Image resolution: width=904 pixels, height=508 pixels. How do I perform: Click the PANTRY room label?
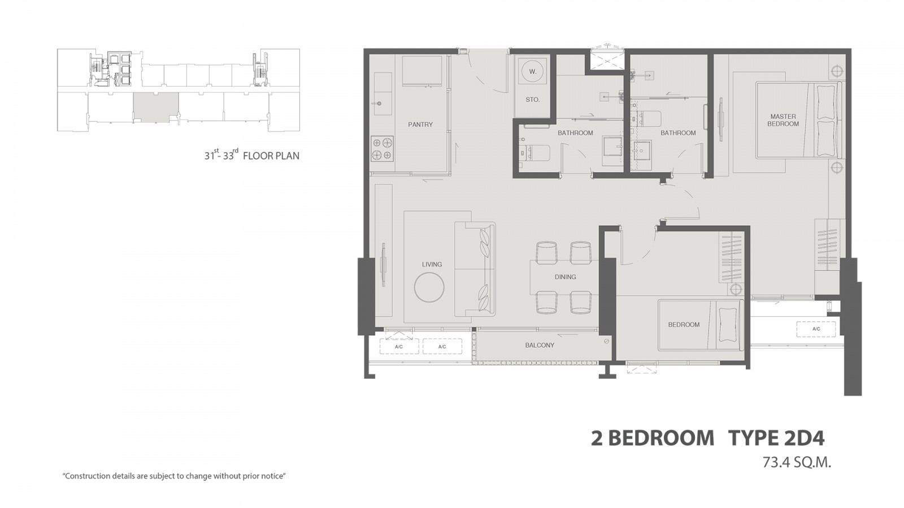click(420, 125)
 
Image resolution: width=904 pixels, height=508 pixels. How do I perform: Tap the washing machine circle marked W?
click(533, 72)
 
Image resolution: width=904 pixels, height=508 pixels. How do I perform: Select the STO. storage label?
click(533, 99)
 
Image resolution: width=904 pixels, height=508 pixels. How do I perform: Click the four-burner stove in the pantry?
click(382, 149)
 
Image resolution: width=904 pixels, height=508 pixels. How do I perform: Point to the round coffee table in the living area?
click(429, 287)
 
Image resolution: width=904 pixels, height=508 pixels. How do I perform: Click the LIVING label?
click(432, 265)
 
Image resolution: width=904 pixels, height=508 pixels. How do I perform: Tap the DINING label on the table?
click(565, 277)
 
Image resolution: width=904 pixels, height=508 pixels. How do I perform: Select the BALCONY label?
click(540, 345)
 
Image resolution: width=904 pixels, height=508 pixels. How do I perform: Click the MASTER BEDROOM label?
click(783, 120)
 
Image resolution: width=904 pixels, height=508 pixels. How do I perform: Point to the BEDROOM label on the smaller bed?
click(684, 325)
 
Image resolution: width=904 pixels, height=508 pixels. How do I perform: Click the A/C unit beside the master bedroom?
click(816, 330)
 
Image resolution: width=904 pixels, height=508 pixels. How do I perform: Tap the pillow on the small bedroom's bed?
click(728, 324)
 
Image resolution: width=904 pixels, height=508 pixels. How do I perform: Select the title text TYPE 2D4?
click(776, 439)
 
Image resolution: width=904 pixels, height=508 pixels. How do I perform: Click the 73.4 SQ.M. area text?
click(797, 462)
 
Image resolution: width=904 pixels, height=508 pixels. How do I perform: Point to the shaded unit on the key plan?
click(156, 107)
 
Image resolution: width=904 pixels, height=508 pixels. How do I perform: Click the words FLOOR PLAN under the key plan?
click(271, 156)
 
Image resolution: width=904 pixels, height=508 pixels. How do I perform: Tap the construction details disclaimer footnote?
click(175, 476)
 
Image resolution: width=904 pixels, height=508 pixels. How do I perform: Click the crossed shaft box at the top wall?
click(607, 60)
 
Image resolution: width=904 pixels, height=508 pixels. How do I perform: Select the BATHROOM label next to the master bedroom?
click(678, 133)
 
